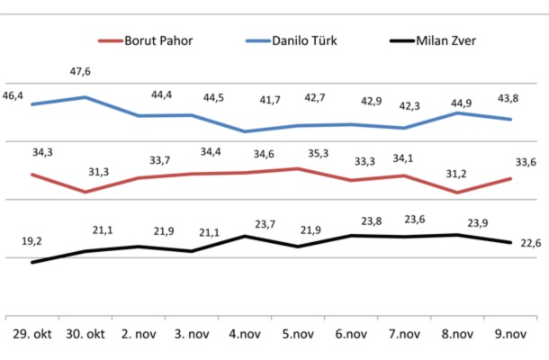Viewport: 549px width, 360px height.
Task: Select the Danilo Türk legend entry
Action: tap(298, 41)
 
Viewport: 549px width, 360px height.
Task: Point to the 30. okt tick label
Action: tap(85, 335)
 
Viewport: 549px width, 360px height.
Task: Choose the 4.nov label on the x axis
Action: tap(245, 335)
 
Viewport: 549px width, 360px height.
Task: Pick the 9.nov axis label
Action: tap(511, 335)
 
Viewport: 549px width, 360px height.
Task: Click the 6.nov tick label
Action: tap(351, 335)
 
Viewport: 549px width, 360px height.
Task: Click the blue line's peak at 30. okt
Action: tap(85, 97)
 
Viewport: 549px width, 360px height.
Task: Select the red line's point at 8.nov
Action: tap(457, 192)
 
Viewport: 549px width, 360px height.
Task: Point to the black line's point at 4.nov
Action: tap(245, 236)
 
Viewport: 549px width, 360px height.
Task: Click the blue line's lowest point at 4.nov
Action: tap(245, 131)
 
